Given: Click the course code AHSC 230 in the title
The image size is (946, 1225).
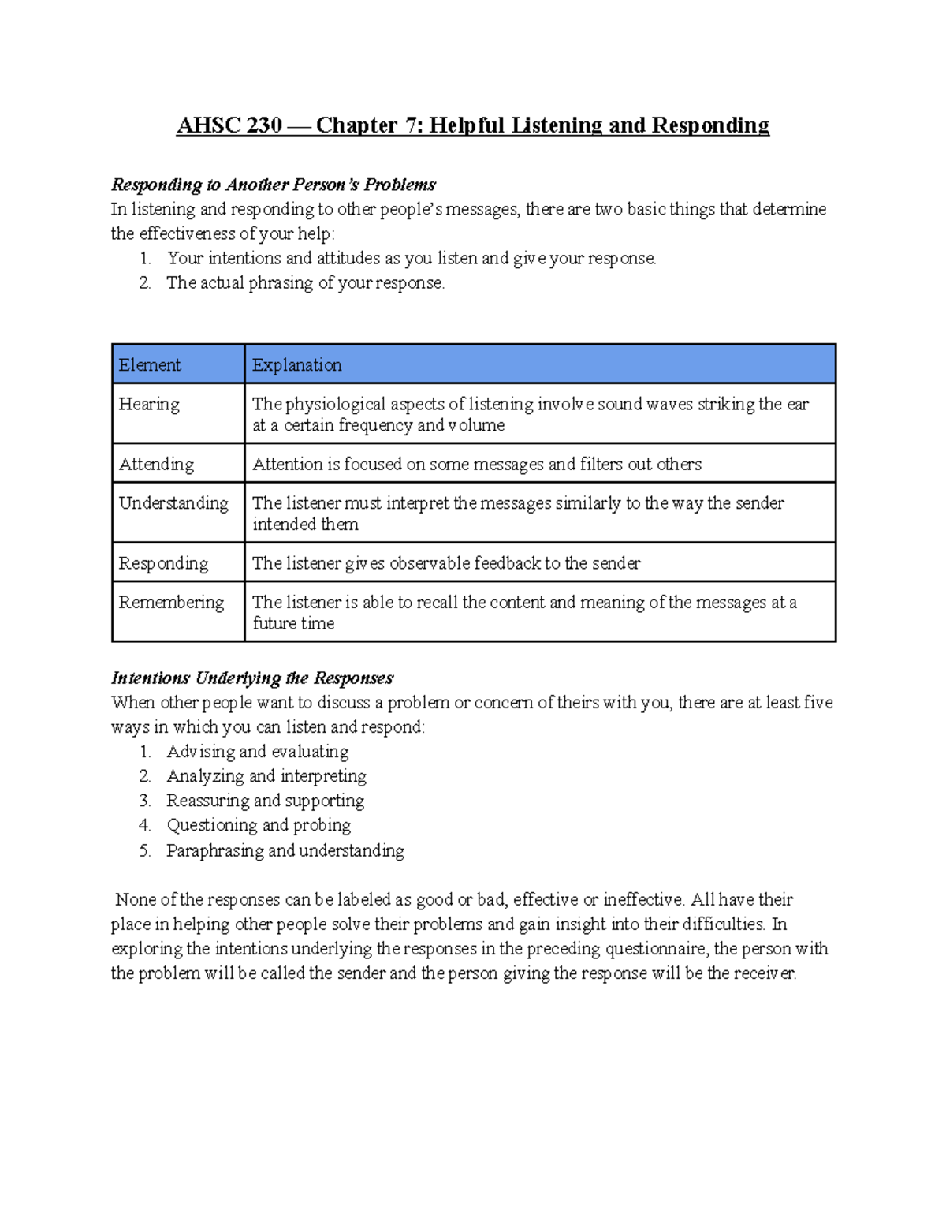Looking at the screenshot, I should (229, 125).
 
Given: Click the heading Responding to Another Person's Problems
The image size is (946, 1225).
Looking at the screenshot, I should (273, 185).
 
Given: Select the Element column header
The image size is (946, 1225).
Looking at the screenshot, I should (150, 364).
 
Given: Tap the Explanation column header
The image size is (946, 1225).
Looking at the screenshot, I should (296, 364).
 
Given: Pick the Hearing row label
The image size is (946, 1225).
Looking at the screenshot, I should (149, 404).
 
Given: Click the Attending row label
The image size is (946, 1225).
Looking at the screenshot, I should (156, 464).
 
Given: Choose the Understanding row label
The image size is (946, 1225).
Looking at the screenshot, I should (173, 503).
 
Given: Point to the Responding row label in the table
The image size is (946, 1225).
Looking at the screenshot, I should (163, 563).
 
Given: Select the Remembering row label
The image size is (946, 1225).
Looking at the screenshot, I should (171, 603).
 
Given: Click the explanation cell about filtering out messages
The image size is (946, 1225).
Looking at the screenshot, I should (476, 464).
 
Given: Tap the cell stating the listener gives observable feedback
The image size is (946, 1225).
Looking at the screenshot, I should (445, 563).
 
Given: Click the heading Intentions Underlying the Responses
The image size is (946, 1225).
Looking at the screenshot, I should (251, 678).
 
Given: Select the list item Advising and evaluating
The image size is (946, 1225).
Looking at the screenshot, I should (257, 752).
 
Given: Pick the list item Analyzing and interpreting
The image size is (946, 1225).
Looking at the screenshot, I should (266, 776).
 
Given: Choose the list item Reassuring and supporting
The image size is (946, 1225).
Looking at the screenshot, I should (265, 801).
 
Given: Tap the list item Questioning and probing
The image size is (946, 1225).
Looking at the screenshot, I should (259, 825).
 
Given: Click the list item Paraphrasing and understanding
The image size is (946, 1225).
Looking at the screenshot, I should (285, 850).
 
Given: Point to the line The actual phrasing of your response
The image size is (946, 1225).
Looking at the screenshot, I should (305, 283).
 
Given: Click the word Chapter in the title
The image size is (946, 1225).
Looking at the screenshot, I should (356, 125).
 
